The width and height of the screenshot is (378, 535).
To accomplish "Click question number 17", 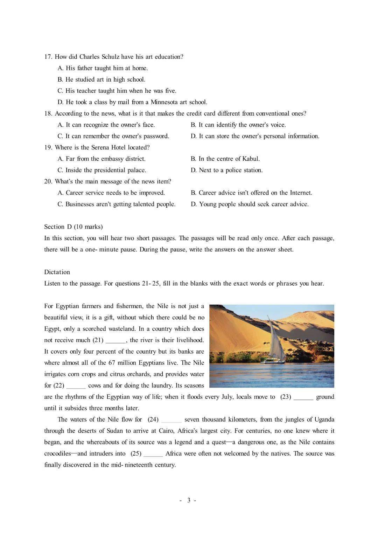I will click(x=48, y=57).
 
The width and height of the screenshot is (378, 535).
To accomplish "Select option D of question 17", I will click(x=132, y=102).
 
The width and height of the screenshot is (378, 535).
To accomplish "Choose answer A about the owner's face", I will click(x=106, y=125).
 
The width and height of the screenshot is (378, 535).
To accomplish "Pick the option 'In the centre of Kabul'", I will click(x=225, y=159).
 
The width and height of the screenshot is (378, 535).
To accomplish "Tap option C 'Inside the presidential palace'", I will click(x=102, y=170).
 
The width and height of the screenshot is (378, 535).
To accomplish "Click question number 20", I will click(x=48, y=181).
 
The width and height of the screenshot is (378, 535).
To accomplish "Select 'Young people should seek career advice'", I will click(x=250, y=204).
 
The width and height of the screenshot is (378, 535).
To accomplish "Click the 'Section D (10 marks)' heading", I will click(x=73, y=227).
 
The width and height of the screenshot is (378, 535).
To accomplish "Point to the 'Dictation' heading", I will click(x=57, y=272).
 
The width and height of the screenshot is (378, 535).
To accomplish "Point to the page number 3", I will click(x=188, y=500).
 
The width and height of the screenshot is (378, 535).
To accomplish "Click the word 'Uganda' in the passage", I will click(x=324, y=419).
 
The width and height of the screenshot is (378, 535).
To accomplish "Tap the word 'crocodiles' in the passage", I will click(x=57, y=453).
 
